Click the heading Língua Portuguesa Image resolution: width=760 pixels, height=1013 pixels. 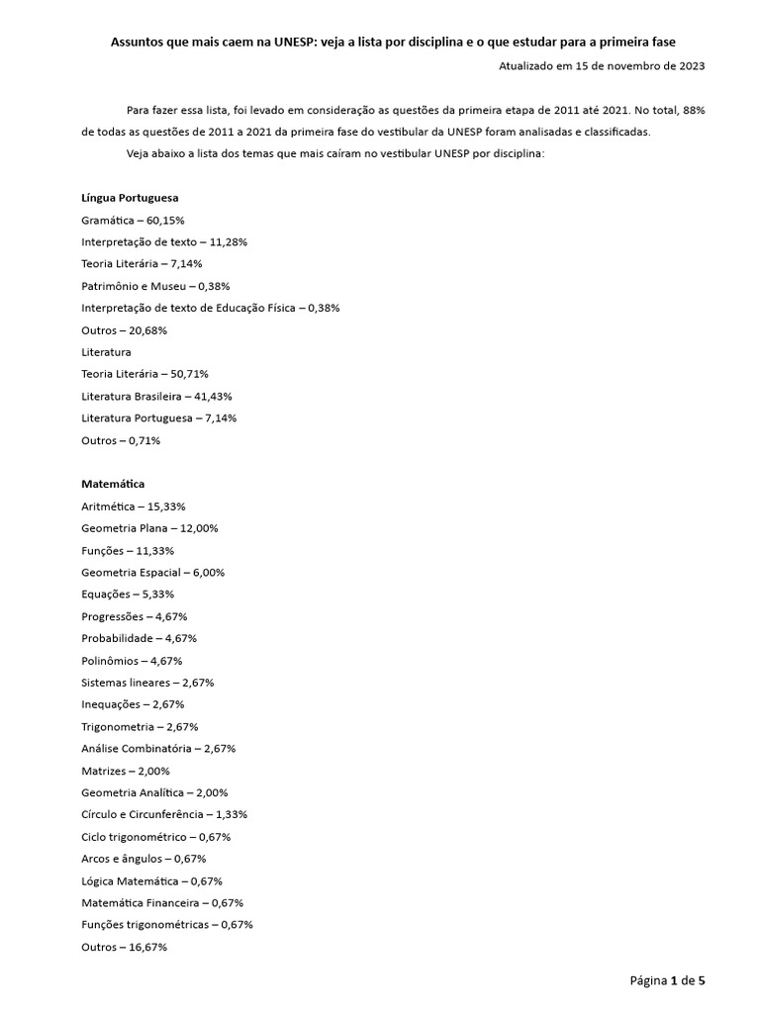coord(130,198)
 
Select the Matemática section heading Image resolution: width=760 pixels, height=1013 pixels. coord(113,484)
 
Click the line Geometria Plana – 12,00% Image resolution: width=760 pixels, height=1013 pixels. coord(149,528)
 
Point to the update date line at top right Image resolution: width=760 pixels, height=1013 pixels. coord(602,65)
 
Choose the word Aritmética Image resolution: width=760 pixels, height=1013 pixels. coord(108,506)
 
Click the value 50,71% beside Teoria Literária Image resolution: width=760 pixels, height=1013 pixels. coord(189,374)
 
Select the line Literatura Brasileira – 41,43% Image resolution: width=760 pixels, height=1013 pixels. coord(157,396)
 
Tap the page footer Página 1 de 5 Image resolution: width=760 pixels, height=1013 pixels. coord(668,980)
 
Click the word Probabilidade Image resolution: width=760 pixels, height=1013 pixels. coord(116,638)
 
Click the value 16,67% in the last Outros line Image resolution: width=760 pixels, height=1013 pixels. coord(147,947)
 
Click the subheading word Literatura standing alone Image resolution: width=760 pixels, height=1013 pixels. coord(106,352)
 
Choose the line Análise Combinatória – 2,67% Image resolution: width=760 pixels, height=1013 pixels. coord(158,749)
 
